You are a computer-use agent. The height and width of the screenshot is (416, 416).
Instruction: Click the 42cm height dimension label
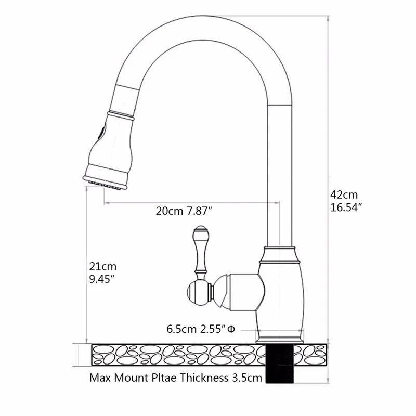tap(344, 195)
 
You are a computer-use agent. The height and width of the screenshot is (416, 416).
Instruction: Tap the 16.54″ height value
tap(346, 207)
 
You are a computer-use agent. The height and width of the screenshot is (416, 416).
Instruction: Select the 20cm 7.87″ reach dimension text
tap(184, 211)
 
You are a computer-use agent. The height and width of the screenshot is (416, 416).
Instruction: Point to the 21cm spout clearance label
tap(102, 266)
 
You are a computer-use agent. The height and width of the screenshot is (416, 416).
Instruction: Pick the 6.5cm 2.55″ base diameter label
tap(201, 329)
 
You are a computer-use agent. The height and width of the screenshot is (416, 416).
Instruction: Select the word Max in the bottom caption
tap(100, 378)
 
